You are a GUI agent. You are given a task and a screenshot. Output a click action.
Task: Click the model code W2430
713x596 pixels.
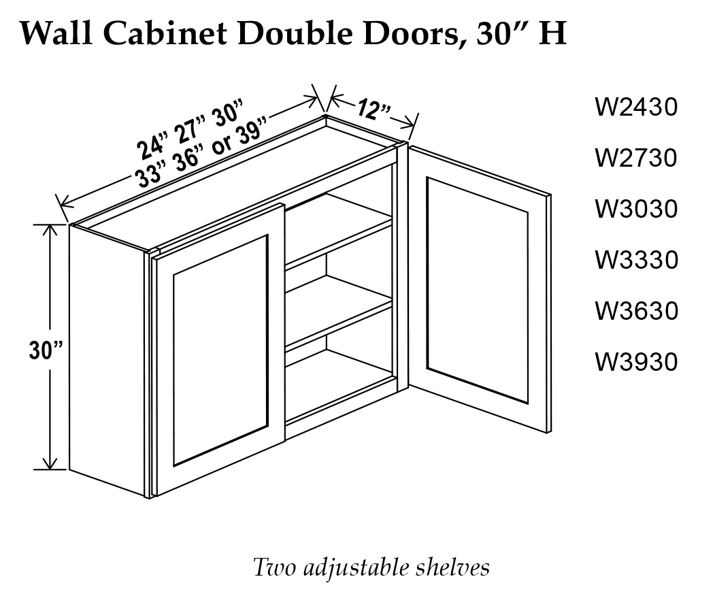636,107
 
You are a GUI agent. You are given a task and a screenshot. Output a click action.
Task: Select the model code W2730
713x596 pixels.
636,159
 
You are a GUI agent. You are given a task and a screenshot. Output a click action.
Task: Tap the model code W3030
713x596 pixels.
636,210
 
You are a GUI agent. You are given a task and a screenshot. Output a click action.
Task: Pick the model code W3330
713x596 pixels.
636,261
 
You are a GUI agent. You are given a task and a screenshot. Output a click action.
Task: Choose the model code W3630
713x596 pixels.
636,312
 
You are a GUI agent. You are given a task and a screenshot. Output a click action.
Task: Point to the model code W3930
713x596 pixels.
636,363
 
